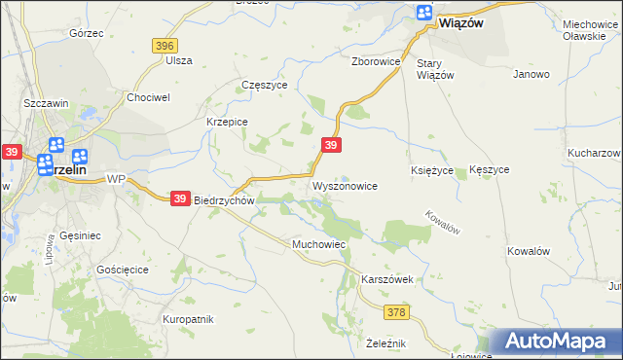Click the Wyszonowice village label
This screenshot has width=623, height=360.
tap(344, 185)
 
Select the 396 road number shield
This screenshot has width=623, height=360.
tap(164, 46)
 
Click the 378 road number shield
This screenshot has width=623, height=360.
tap(395, 312)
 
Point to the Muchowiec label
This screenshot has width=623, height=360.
tap(319, 243)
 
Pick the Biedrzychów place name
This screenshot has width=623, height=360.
tap(224, 200)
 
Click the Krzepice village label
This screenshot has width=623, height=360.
tap(227, 122)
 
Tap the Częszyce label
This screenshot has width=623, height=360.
tap(264, 85)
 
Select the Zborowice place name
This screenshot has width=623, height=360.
tap(376, 60)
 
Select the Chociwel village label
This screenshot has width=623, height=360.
tap(149, 97)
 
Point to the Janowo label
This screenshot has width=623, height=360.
tap(531, 74)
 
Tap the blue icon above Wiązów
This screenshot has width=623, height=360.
tap(424, 13)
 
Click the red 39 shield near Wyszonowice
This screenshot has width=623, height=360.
tap(331, 145)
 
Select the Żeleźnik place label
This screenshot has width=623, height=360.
tap(385, 343)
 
